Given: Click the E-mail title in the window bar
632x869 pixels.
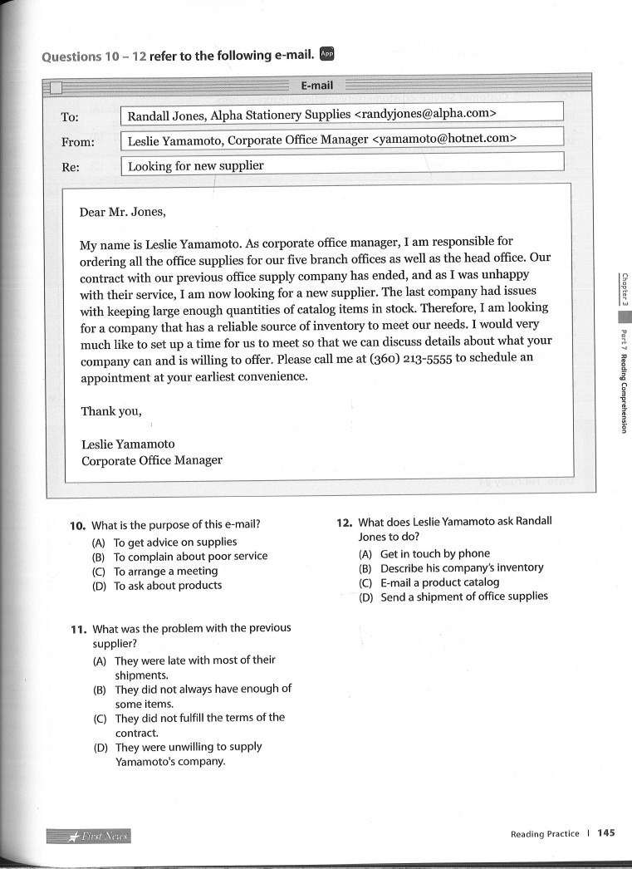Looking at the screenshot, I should click(x=316, y=85).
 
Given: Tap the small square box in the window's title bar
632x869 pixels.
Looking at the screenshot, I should click(x=56, y=87).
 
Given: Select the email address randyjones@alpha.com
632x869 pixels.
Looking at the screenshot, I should click(x=425, y=113).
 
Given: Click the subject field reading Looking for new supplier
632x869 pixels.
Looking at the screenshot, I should click(x=196, y=165).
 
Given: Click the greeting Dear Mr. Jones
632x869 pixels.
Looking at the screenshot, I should click(x=123, y=211).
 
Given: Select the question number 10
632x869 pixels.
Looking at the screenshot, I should click(x=78, y=525).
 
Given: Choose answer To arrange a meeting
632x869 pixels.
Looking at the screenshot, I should click(x=165, y=571).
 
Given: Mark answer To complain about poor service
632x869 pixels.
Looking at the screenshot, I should click(x=190, y=556).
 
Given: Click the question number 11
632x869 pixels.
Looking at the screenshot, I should click(x=79, y=628).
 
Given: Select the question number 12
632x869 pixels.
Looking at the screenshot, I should click(x=345, y=522).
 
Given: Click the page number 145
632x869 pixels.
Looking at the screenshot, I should click(x=605, y=833).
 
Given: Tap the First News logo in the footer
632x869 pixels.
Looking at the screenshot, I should click(x=91, y=835).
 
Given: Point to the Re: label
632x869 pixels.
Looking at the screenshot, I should click(x=71, y=166).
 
